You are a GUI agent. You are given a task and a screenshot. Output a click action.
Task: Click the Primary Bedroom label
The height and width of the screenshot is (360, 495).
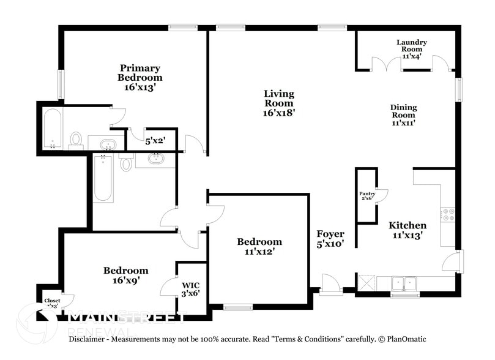pos(140,78)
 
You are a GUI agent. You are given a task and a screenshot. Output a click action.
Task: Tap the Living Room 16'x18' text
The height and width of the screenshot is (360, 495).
pos(279,103)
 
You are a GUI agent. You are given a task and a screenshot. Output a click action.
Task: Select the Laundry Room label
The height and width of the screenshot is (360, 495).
pos(411,49)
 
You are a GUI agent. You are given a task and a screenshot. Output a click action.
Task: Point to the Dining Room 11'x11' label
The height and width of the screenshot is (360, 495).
pos(403,114)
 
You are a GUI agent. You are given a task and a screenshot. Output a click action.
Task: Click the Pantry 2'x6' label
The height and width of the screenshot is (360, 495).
pos(367,196)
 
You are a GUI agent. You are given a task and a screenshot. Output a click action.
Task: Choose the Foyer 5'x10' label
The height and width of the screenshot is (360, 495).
pos(330,239)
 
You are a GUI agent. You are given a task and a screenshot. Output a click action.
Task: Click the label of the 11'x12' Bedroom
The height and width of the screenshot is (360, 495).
pos(259,246)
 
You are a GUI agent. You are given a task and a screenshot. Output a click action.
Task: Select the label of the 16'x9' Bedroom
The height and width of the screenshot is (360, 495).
pos(125,275)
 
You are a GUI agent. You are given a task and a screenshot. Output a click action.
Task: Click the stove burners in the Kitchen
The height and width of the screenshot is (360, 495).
pos(448,214)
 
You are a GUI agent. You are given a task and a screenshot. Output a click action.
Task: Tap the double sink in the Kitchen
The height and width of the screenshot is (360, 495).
pos(404,283)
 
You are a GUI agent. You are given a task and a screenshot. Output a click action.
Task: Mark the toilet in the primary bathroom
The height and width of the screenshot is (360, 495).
pos(76,140)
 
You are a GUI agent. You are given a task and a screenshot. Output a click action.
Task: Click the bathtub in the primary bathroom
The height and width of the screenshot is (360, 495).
pos(52,129)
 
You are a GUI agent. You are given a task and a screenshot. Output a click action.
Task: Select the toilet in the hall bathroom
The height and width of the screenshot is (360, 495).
pos(126,163)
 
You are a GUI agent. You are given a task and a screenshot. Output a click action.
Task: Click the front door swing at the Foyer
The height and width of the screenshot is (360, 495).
pos(330,283)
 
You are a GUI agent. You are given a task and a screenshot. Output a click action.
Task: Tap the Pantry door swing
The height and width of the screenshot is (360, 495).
pos(382,195)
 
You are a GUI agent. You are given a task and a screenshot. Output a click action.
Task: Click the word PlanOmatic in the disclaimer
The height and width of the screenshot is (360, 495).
pos(406,339)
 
